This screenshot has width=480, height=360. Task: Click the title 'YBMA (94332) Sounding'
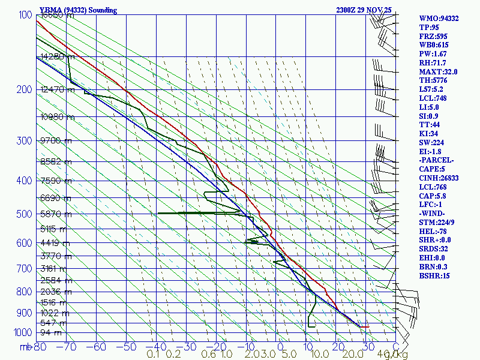point(78,10)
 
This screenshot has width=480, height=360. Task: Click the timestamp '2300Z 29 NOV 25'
point(364,10)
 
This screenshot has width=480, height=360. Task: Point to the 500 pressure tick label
point(24,214)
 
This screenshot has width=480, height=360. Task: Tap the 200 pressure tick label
point(24,90)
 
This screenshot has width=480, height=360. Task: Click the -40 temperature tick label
point(155,347)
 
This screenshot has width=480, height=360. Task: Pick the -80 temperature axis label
point(40,347)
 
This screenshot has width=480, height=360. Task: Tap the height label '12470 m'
point(57,90)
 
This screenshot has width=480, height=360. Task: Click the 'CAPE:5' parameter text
point(432,169)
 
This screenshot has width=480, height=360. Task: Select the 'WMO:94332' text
point(439,19)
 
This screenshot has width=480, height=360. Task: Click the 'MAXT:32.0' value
point(438,71)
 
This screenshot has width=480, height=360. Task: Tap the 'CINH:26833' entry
point(439,178)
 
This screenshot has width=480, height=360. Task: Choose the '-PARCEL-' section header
point(436,160)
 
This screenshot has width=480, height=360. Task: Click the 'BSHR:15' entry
point(434,275)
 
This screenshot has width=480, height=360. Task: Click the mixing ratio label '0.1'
point(154,355)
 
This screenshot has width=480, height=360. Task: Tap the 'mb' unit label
point(25,347)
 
